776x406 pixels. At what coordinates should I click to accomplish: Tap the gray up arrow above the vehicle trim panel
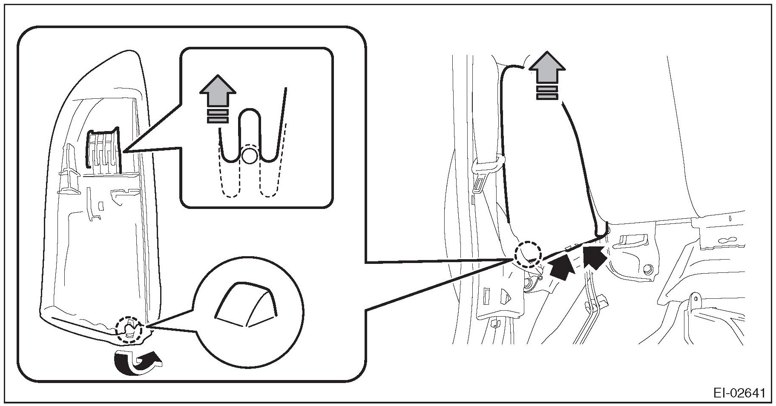547,68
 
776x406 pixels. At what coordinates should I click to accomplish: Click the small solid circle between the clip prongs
249,157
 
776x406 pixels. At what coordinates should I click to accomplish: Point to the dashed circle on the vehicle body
528,255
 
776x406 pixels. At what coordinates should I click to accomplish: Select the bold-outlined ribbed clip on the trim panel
103,149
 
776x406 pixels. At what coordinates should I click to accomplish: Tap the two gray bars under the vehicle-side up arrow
547,93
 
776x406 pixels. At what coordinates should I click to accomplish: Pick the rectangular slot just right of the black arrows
635,240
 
